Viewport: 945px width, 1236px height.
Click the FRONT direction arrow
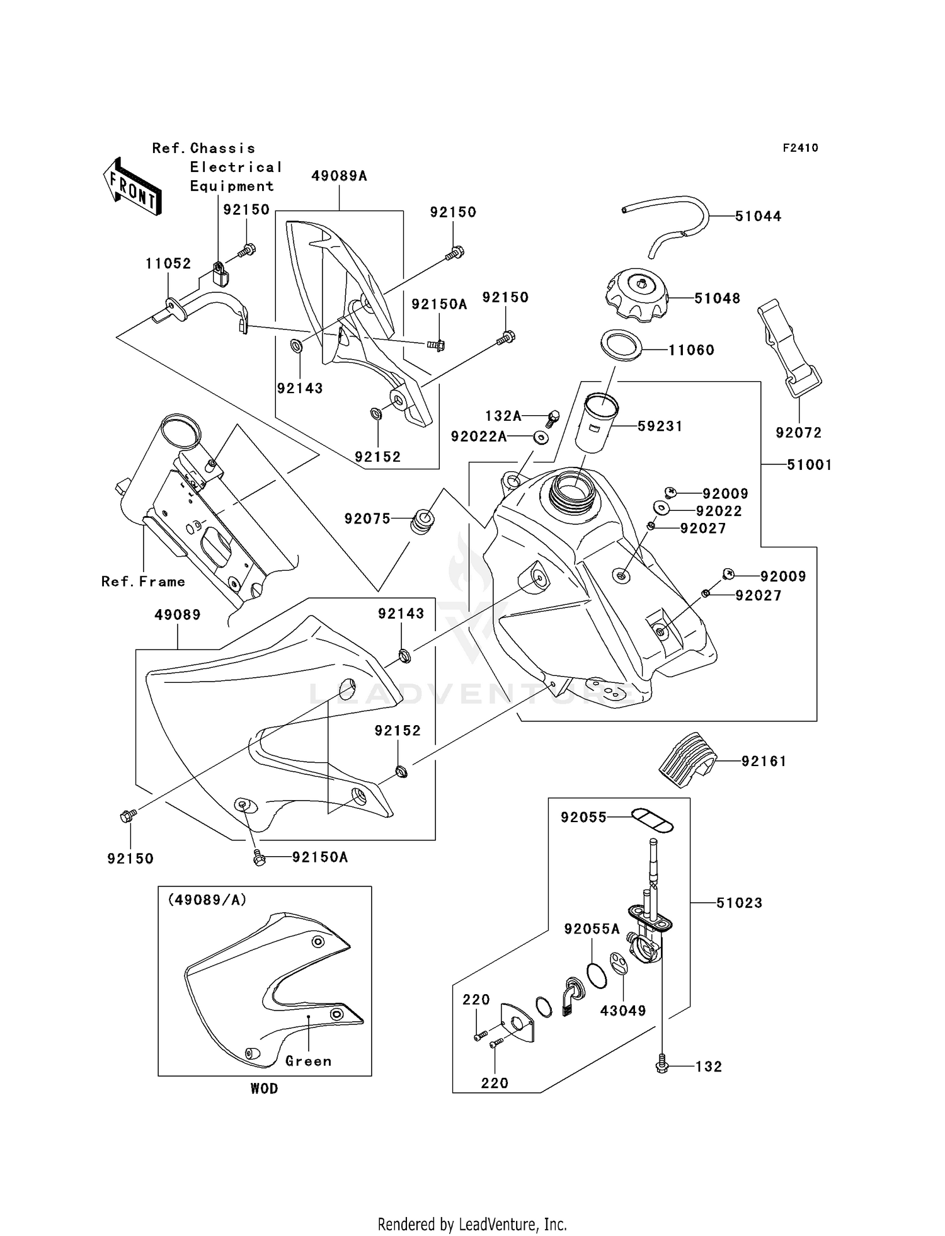[x=132, y=187]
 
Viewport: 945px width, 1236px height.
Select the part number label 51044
[x=758, y=217]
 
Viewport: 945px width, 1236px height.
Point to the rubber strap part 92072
[x=789, y=348]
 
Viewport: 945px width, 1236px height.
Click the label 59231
[x=660, y=426]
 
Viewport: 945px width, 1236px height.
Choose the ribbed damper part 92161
[x=688, y=759]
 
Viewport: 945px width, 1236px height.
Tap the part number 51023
[x=739, y=903]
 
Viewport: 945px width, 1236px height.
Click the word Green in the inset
[x=308, y=1061]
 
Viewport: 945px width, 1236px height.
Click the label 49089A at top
[x=339, y=176]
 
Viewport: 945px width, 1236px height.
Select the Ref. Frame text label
[x=143, y=582]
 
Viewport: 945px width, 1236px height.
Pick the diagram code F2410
[x=800, y=148]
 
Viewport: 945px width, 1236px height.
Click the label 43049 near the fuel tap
[x=622, y=1011]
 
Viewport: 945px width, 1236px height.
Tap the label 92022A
[x=479, y=437]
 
